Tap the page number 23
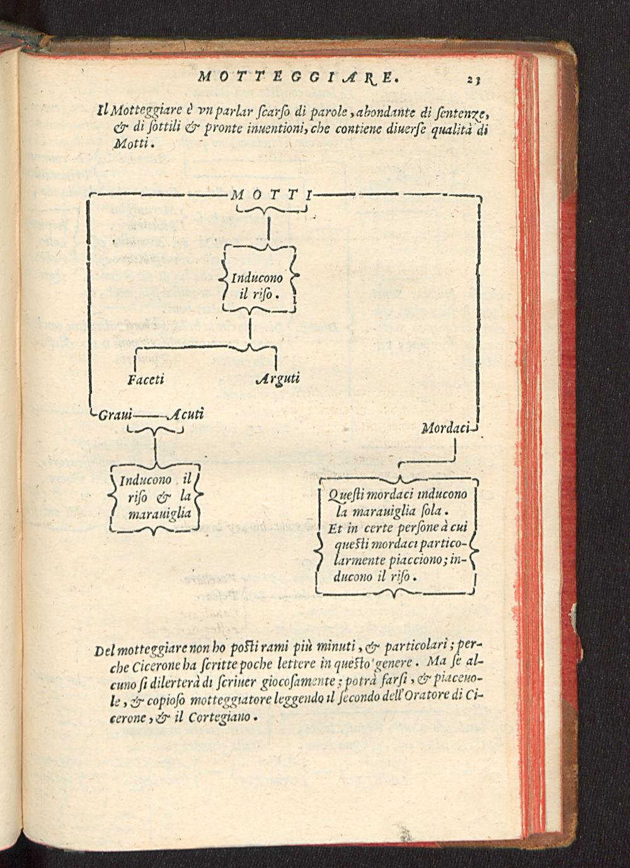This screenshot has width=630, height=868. point(474,79)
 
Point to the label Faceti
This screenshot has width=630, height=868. point(146,379)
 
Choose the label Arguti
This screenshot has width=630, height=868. point(278,379)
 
